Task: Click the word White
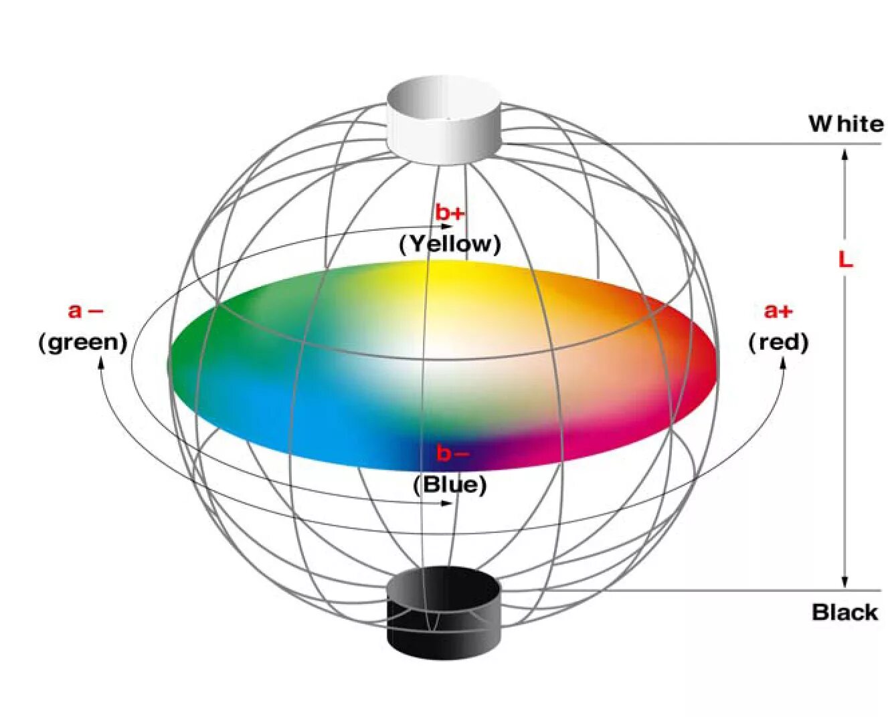[845, 124]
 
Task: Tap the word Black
[845, 612]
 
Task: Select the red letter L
[845, 260]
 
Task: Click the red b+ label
[450, 213]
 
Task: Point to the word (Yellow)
[450, 244]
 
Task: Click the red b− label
[453, 453]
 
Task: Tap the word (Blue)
[450, 484]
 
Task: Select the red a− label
[86, 311]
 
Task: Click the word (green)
[83, 342]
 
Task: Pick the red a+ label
[778, 311]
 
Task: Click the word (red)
[778, 342]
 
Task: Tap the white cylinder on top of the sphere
[443, 120]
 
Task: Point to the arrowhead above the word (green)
[102, 362]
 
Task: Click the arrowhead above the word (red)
[783, 363]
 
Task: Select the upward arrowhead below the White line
[845, 155]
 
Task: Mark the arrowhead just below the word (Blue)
[447, 503]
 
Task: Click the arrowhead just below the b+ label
[447, 227]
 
